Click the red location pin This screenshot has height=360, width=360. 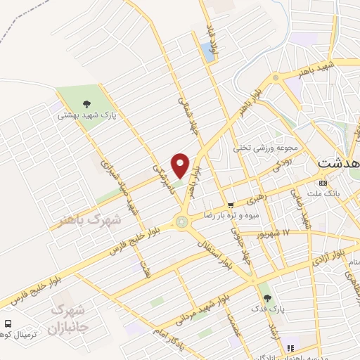coord(181,165)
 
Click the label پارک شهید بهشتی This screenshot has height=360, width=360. coord(86,115)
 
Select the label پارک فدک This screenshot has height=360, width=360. coord(264,308)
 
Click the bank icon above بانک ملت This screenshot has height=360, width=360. coord(323,183)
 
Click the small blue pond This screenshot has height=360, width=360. coord(205,49)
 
